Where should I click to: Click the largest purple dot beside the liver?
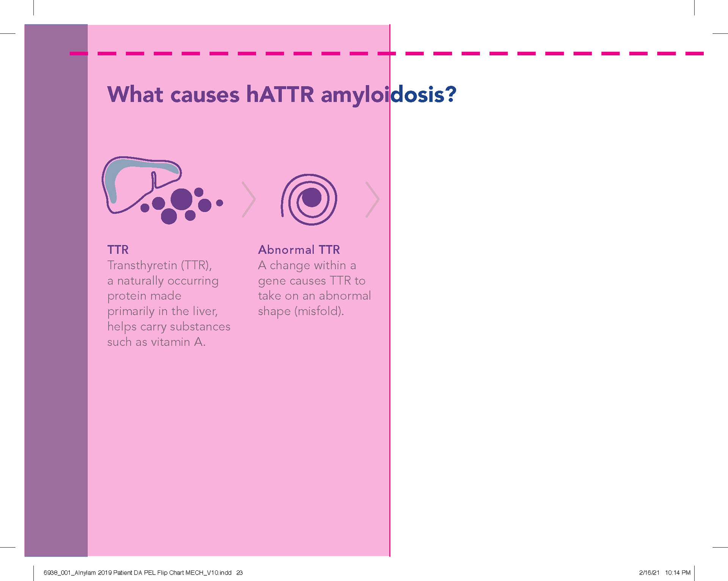click(x=181, y=199)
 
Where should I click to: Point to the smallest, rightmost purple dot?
click(x=220, y=203)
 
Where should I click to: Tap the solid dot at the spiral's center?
click(x=312, y=197)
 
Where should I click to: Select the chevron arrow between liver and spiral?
click(x=249, y=199)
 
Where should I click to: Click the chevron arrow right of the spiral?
click(x=372, y=199)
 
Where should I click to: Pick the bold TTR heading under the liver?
click(x=118, y=250)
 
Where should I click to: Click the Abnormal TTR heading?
click(x=299, y=250)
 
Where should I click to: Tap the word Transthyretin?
click(x=142, y=265)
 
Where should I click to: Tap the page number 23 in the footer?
click(x=239, y=573)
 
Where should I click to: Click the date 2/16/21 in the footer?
click(x=649, y=573)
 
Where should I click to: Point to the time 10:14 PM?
click(x=678, y=573)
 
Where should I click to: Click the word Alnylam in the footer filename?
click(x=85, y=573)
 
